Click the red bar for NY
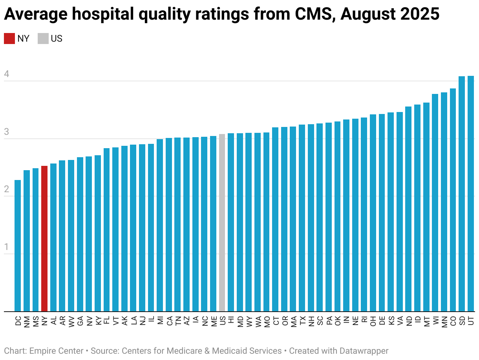click(x=44, y=238)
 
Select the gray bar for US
click(x=222, y=222)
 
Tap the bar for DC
click(x=18, y=246)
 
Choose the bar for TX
click(x=302, y=218)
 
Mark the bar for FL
click(x=106, y=230)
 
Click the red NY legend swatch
click(x=9, y=39)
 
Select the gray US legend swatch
click(x=43, y=39)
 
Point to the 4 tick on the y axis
click(x=6, y=74)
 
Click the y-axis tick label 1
click(x=6, y=247)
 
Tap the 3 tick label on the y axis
click(x=6, y=132)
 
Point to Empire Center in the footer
click(x=56, y=351)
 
